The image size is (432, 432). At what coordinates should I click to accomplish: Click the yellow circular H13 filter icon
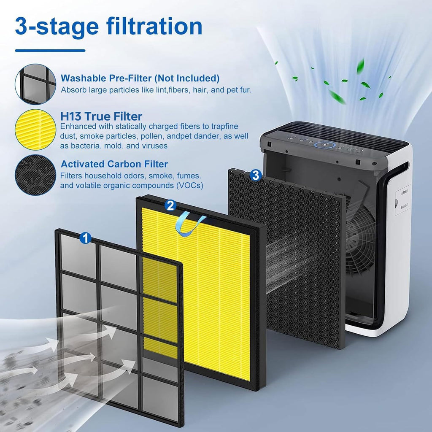point(35,130)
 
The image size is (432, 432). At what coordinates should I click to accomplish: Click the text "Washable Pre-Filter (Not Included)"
point(140,78)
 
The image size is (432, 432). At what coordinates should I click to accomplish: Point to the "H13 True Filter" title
point(101,116)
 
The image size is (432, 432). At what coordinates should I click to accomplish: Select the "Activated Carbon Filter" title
point(114,164)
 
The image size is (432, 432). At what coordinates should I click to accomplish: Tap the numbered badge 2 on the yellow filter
point(170,205)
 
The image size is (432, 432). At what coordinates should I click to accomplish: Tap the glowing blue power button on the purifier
point(324,145)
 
